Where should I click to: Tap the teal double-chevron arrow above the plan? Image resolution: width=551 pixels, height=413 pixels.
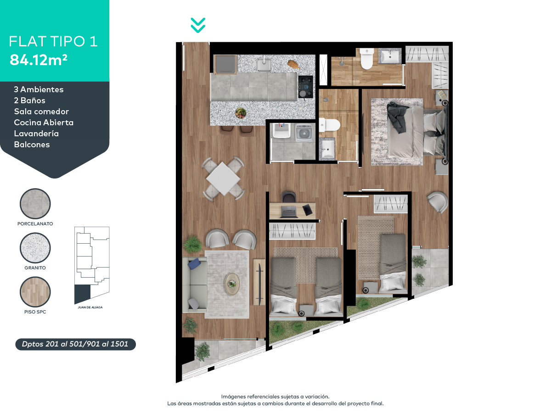click(x=198, y=25)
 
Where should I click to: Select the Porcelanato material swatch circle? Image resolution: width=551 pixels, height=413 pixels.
click(x=35, y=204)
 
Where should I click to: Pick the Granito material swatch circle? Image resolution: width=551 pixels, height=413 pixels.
click(x=35, y=248)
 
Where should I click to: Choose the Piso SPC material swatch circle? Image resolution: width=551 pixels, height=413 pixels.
click(x=35, y=292)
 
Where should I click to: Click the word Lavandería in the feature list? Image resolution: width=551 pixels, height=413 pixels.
click(x=36, y=134)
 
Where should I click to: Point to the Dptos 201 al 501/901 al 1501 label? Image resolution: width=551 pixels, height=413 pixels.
click(x=75, y=344)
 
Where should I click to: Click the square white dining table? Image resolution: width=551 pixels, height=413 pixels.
click(x=223, y=179)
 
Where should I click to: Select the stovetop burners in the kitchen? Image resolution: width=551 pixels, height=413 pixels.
click(x=305, y=86)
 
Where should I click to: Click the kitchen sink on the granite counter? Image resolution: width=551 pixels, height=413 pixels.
click(x=264, y=65)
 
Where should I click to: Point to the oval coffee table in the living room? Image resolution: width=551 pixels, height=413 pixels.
click(x=232, y=284)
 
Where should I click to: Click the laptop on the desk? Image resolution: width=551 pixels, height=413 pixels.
click(x=289, y=212)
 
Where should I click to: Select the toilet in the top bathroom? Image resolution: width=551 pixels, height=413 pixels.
click(x=367, y=59)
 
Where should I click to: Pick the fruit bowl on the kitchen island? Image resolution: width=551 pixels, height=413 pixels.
click(x=240, y=112)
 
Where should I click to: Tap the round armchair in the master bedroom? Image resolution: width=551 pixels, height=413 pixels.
click(x=437, y=201)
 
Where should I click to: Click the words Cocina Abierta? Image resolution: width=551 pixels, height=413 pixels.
click(x=44, y=123)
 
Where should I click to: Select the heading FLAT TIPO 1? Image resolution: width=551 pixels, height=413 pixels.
click(x=53, y=42)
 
